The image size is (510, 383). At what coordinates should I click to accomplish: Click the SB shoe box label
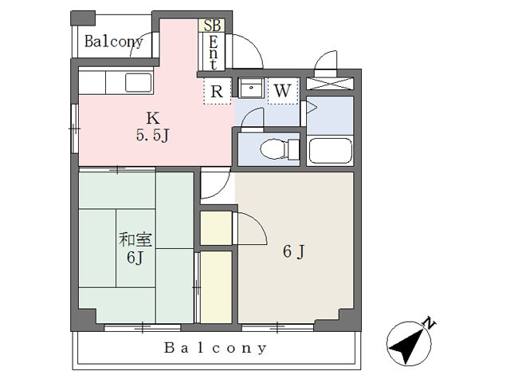(212, 26)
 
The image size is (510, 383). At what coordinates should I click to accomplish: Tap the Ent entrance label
(213, 52)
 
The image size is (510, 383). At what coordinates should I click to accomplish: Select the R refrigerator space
(217, 91)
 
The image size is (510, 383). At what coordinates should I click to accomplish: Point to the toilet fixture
(280, 149)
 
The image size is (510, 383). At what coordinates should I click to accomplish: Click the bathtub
(331, 151)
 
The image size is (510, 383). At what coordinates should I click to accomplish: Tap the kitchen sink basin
(139, 82)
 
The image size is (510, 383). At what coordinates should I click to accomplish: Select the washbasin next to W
(251, 88)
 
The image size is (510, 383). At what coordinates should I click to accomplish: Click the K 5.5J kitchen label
(153, 126)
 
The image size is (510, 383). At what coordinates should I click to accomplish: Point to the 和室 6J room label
(135, 248)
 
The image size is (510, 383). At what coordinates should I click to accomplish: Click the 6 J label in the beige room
(294, 251)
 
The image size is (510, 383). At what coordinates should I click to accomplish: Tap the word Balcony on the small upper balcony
(114, 41)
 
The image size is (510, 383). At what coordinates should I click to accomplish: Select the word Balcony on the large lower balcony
(215, 348)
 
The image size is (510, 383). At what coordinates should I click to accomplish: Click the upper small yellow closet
(216, 228)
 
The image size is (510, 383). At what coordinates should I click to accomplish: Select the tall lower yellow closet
(216, 287)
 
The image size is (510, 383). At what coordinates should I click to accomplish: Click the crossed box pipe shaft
(330, 83)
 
